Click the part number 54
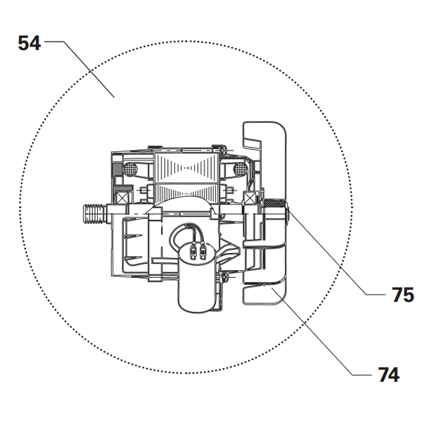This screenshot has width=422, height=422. (29, 44)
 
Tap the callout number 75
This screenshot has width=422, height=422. (402, 295)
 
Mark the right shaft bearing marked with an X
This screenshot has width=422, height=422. (250, 201)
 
